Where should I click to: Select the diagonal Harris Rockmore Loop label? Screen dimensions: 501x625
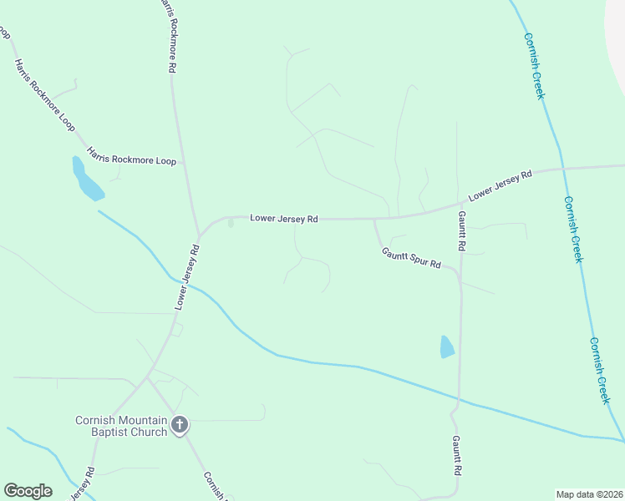[44, 94]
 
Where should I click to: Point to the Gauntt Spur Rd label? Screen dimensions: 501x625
[411, 257]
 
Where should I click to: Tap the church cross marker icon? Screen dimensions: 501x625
[179, 426]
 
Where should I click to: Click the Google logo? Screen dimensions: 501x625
[28, 491]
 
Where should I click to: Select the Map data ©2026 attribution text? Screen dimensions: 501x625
[589, 493]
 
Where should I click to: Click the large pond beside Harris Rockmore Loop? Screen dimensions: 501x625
[86, 180]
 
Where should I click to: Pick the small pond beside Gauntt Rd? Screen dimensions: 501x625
[447, 347]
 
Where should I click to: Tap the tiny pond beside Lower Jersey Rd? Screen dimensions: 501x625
[231, 223]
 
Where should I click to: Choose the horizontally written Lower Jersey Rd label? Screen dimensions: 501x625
[284, 219]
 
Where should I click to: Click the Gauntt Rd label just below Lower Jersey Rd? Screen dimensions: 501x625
[460, 230]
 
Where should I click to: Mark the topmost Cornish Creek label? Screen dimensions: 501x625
[535, 65]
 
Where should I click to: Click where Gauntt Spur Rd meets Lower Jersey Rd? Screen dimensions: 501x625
[373, 220]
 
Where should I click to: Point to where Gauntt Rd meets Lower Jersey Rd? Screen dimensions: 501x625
[460, 203]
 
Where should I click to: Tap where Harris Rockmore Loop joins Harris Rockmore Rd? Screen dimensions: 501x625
[182, 160]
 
